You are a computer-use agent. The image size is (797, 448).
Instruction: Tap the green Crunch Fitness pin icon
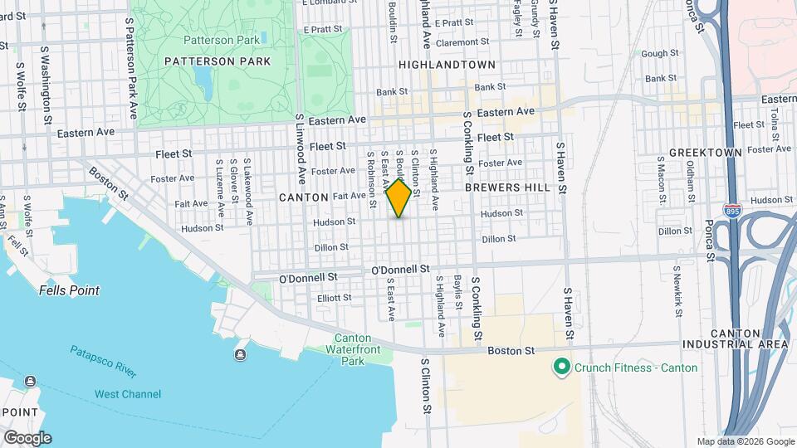[561, 367]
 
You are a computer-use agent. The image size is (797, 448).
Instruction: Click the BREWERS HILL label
[507, 188]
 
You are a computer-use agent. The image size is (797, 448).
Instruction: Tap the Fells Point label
[69, 291]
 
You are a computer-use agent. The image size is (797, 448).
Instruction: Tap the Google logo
[27, 438]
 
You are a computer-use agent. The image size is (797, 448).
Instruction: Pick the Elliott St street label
[335, 298]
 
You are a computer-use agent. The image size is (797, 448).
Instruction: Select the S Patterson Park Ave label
[130, 71]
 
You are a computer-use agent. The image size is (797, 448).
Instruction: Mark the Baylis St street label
[458, 294]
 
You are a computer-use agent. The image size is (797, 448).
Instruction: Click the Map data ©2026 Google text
[745, 441]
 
